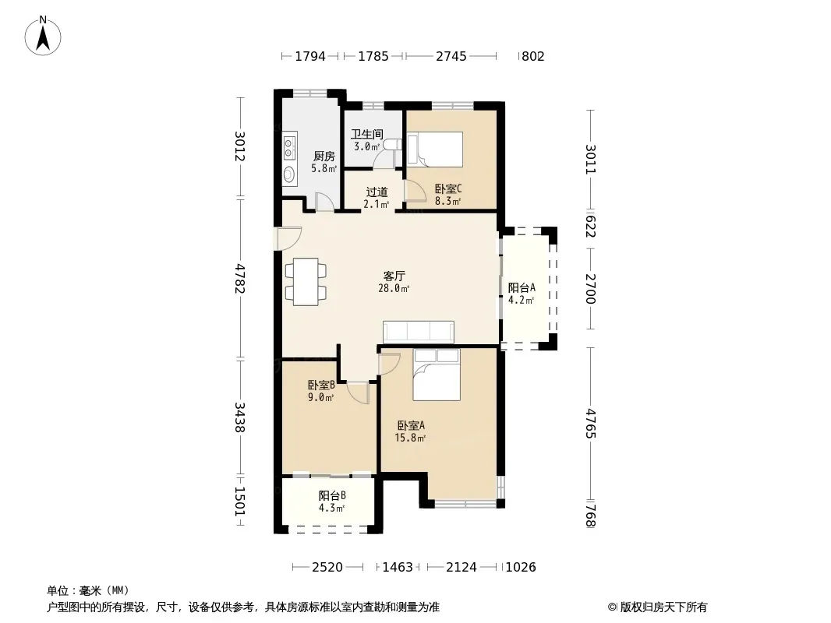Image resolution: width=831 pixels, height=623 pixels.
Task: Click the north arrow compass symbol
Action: coord(43,36)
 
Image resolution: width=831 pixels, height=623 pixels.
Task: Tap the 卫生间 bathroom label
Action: coord(366,135)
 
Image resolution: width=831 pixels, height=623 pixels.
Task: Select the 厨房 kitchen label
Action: coord(324,157)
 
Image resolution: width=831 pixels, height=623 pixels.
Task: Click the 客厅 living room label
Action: coord(394,276)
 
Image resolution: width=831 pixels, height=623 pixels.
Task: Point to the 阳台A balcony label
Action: coord(522,288)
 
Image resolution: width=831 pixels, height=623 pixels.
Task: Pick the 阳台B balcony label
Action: coord(332,496)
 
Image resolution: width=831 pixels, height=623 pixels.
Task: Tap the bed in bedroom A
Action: coord(437,375)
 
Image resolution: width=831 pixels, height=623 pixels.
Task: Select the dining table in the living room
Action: coord(306,282)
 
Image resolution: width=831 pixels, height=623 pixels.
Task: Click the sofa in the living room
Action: coord(418,331)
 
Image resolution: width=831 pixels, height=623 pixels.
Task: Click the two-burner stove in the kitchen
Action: coord(289,148)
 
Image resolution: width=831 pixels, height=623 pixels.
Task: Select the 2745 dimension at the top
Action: coord(451,56)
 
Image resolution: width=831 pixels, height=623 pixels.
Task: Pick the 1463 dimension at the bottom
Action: coord(398,568)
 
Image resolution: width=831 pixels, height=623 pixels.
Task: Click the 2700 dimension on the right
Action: coord(590,288)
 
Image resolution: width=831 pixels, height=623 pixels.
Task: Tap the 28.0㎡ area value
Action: coord(393,289)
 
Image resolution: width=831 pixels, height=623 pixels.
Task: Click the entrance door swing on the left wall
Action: coord(289,238)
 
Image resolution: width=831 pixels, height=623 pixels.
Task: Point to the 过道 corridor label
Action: coord(377,192)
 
